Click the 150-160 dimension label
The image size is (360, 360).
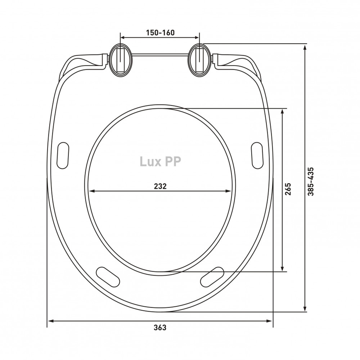point(160,33)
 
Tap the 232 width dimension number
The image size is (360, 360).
point(160,186)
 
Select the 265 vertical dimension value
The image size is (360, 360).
point(288,189)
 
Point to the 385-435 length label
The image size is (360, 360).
point(311,181)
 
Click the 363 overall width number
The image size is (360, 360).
point(160,327)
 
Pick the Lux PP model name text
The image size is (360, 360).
point(160,161)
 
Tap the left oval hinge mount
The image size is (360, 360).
point(120,60)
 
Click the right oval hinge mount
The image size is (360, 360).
point(199,60)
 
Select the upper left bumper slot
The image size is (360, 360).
point(63,156)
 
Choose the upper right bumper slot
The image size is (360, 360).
point(257,156)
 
